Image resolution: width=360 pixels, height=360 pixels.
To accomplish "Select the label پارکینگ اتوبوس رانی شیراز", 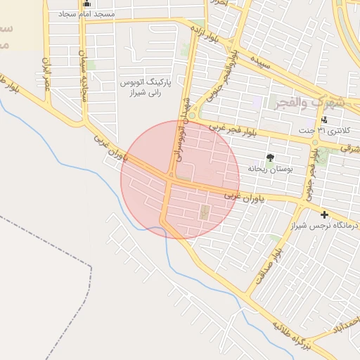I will click(141, 86).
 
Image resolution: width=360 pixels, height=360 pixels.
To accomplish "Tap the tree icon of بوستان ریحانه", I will click(270, 157).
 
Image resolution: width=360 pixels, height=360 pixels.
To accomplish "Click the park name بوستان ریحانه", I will click(269, 169).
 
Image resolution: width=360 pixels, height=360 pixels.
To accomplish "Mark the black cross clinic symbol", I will click(324, 214).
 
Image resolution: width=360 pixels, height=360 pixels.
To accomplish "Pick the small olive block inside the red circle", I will click(205, 212).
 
